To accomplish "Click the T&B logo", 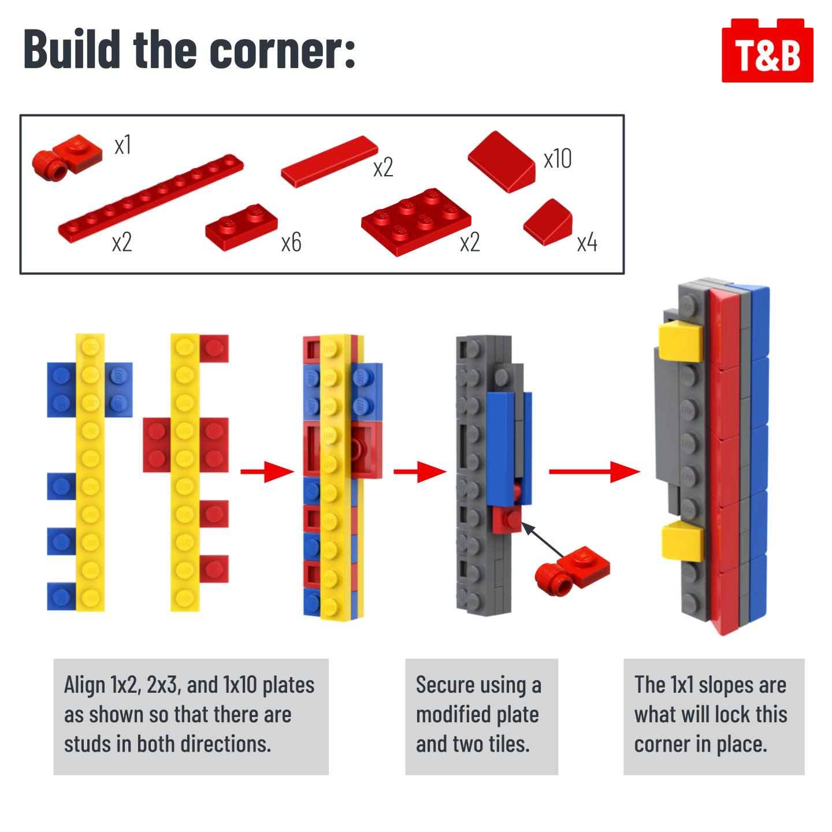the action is [767, 50].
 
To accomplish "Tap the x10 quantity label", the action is [558, 158].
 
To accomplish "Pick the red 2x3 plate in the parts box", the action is [416, 221].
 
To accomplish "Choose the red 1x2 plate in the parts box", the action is [242, 226].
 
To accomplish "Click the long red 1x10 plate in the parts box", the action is [151, 198].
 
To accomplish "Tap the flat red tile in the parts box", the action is [329, 161].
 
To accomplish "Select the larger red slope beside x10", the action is [502, 162].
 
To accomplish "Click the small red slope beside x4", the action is [548, 222].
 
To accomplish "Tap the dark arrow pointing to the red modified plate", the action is [543, 539].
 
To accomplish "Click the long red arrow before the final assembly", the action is [594, 471].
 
